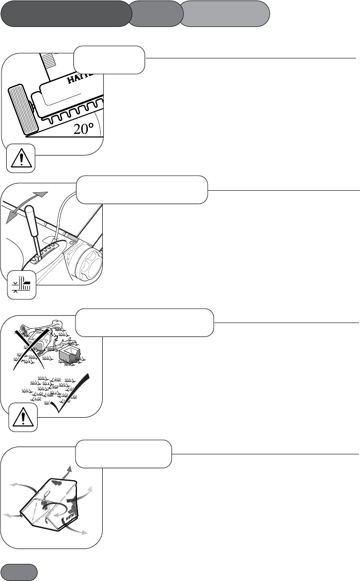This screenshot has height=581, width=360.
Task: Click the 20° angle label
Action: (86, 129)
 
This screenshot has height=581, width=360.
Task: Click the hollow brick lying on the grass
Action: (71, 354)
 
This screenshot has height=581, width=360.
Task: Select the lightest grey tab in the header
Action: (226, 13)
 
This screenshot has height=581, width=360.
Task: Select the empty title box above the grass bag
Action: (123, 453)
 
